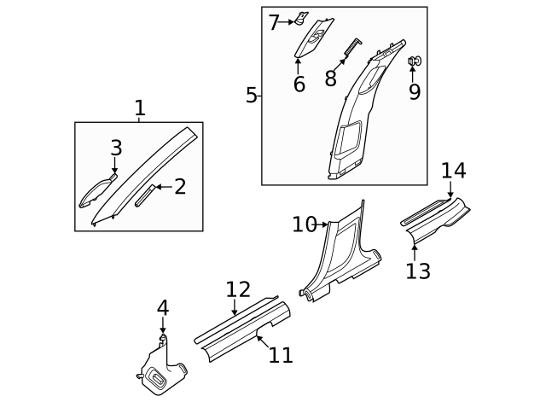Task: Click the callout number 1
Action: [140, 108]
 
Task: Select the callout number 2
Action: [180, 187]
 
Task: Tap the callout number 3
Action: [117, 149]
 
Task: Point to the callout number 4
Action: [163, 308]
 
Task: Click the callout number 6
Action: [299, 84]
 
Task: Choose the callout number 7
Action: [274, 22]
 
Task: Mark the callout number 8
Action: [331, 79]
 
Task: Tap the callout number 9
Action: [415, 91]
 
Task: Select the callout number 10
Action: [304, 224]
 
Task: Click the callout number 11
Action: [281, 354]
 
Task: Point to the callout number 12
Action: [238, 290]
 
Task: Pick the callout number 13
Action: [418, 271]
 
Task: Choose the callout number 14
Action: [454, 170]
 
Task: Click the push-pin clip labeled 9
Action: [414, 61]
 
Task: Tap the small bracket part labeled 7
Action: [301, 18]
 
